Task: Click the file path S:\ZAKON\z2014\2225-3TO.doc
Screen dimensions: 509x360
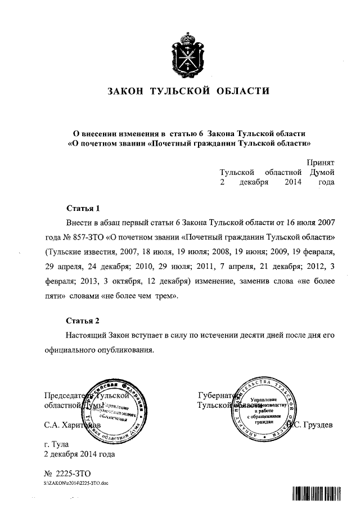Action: (76, 483)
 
